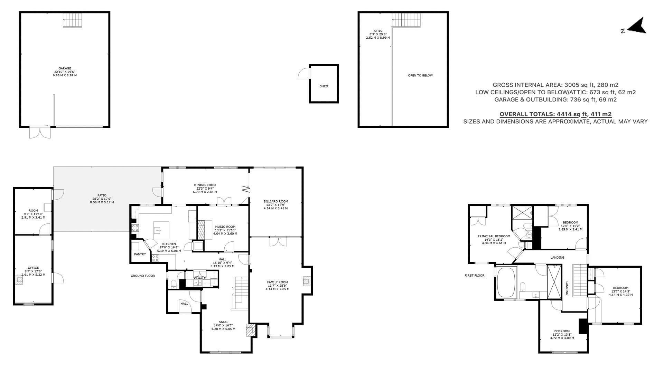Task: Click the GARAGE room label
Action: [x=65, y=68]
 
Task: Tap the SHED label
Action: [x=324, y=86]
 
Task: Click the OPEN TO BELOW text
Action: [x=420, y=75]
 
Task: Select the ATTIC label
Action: [x=378, y=31]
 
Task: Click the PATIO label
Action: [x=102, y=195]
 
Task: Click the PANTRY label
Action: [x=140, y=254]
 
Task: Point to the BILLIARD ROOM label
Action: [x=275, y=201]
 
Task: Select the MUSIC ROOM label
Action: [x=225, y=227]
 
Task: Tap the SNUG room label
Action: [x=223, y=322]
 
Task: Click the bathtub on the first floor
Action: [x=506, y=282]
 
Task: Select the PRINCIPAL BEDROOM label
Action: [x=494, y=236]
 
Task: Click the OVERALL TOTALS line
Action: [x=555, y=114]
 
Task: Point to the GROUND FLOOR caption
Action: [x=142, y=276]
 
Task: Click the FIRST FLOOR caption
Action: [x=474, y=276]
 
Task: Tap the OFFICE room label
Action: [x=33, y=268]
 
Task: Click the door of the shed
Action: [x=304, y=73]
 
